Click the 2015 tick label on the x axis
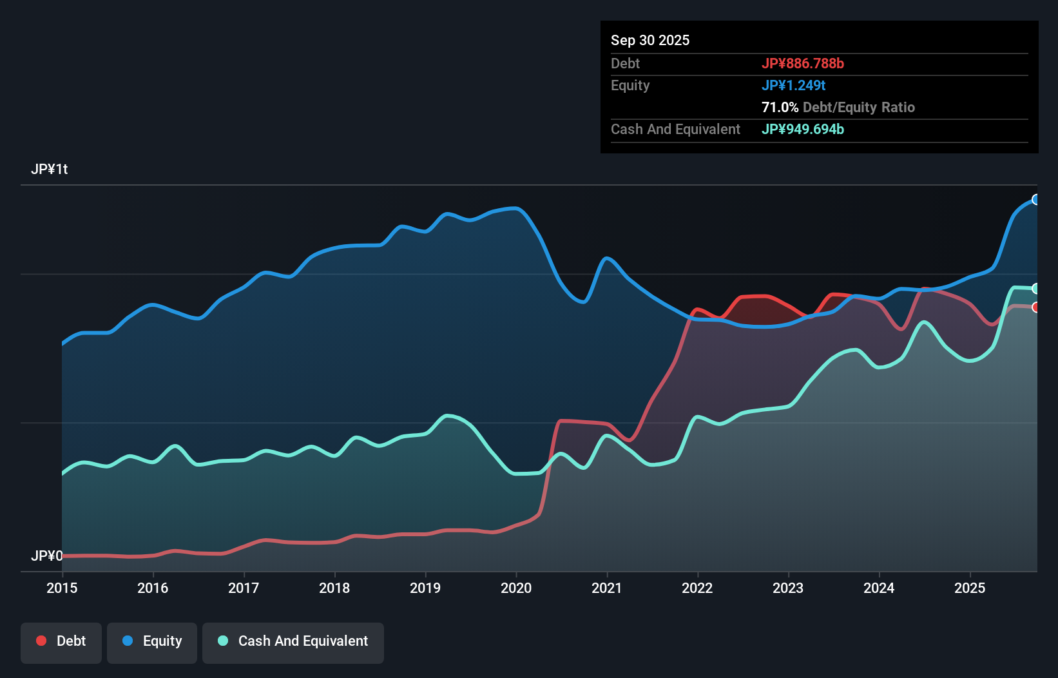[62, 588]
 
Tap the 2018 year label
[334, 588]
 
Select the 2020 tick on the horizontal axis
[516, 588]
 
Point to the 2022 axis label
[697, 588]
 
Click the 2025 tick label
[970, 588]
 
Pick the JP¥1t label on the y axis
[50, 169]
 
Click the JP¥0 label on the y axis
[47, 556]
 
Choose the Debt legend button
[61, 641]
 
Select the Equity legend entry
[152, 641]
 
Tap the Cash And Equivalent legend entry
[293, 641]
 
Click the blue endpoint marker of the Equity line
[1036, 200]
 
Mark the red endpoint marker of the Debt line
[1036, 307]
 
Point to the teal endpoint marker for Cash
[1036, 288]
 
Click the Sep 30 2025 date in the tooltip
[650, 40]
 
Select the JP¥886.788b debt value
[803, 63]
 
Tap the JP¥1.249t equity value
[793, 85]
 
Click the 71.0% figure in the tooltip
[780, 107]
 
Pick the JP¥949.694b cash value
[803, 129]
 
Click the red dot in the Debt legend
[41, 641]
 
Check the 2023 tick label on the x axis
[788, 588]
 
